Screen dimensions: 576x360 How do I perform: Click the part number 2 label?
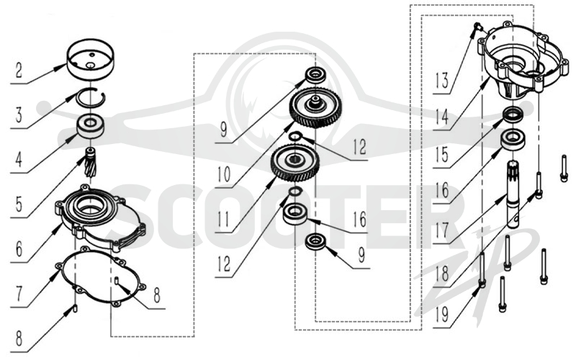19,70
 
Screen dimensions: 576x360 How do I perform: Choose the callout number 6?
19,249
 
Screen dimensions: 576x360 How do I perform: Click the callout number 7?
19,294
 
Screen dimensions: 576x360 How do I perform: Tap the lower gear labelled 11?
294,163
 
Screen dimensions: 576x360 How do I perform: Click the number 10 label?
224,174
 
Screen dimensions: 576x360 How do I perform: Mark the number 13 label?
441,81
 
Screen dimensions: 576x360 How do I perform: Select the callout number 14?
441,117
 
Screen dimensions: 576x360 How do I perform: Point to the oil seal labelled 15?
514,115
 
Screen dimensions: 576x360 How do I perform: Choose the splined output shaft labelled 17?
513,193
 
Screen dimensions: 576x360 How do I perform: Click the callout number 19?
441,314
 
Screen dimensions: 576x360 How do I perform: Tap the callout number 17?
441,230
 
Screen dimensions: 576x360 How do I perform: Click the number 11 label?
224,220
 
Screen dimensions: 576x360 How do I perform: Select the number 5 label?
19,204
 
